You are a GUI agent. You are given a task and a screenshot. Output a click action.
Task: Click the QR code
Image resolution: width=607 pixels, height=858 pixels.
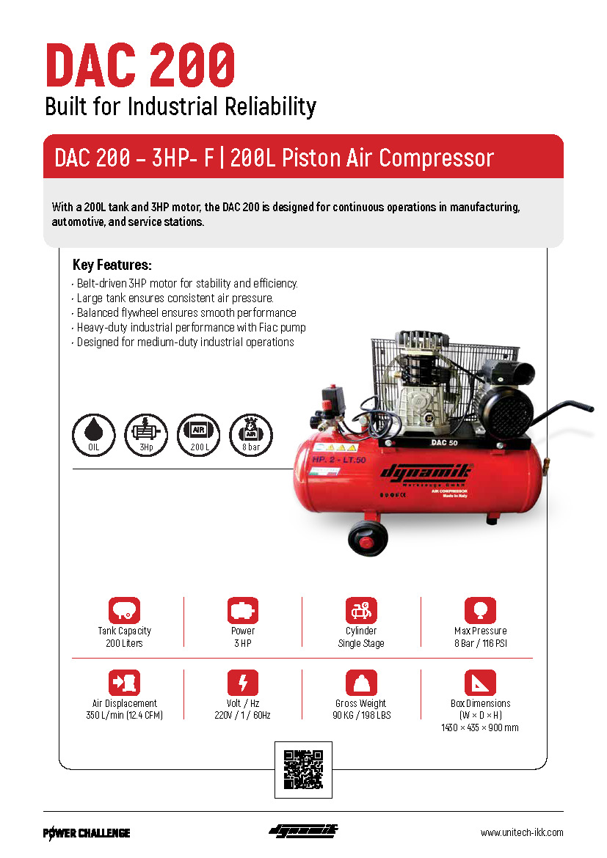pyautogui.click(x=303, y=769)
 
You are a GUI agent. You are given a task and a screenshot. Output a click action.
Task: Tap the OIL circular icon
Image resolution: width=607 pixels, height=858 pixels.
pyautogui.click(x=94, y=435)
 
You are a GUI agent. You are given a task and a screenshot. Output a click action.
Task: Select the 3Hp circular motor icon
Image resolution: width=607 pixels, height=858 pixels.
pyautogui.click(x=146, y=435)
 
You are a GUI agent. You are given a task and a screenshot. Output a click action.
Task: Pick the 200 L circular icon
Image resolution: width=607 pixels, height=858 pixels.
pyautogui.click(x=198, y=435)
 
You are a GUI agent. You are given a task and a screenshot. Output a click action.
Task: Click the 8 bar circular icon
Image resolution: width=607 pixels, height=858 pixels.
pyautogui.click(x=251, y=435)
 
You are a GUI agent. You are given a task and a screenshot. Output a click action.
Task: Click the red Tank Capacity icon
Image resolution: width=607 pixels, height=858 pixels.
pyautogui.click(x=124, y=610)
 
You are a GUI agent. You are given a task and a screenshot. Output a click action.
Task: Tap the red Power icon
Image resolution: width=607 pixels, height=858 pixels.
pyautogui.click(x=243, y=610)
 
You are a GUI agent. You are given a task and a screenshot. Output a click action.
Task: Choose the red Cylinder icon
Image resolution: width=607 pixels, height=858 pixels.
pyautogui.click(x=361, y=610)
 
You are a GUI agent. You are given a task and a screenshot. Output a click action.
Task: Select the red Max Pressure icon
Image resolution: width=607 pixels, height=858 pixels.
pyautogui.click(x=481, y=610)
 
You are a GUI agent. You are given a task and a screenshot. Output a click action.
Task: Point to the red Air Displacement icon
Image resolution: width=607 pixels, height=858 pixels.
pyautogui.click(x=124, y=682)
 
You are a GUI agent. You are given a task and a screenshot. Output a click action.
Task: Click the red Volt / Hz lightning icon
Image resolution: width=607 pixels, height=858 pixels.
pyautogui.click(x=243, y=682)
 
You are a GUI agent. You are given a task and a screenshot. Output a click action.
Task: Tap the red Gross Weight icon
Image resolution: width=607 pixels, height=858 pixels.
pyautogui.click(x=361, y=682)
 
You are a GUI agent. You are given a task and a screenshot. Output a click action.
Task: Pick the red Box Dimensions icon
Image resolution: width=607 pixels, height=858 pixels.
pyautogui.click(x=481, y=682)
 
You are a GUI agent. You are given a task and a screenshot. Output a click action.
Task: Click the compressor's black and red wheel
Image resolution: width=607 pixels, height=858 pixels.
pyautogui.click(x=368, y=538)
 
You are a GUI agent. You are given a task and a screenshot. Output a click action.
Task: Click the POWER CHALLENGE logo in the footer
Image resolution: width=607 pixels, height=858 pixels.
pyautogui.click(x=87, y=833)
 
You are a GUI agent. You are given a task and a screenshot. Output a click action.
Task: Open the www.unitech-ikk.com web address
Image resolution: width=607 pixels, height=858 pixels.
pyautogui.click(x=522, y=832)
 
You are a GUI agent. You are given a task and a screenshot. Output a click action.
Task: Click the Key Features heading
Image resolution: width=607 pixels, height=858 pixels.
pyautogui.click(x=112, y=265)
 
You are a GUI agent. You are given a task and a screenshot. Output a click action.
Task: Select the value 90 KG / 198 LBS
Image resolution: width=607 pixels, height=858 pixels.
pyautogui.click(x=362, y=715)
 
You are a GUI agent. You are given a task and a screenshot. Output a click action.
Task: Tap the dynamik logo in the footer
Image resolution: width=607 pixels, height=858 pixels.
pyautogui.click(x=303, y=831)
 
